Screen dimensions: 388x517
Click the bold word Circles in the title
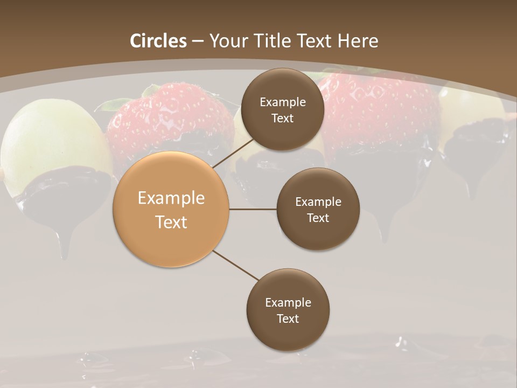tap(159, 41)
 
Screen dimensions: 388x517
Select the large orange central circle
tap(171, 209)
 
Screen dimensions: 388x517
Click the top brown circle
tap(282, 109)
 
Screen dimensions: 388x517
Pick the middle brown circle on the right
tap(318, 209)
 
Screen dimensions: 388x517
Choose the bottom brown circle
tap(288, 310)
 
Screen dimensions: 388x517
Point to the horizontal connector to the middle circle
tap(253, 209)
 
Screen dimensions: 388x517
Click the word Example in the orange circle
tap(171, 198)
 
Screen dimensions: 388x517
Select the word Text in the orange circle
tap(171, 222)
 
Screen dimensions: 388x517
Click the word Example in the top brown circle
tap(282, 102)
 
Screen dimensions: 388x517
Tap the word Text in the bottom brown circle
tap(288, 318)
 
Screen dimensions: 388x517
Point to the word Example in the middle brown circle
tap(318, 202)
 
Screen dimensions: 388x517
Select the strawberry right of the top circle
tap(382, 108)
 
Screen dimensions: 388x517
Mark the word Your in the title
tap(227, 41)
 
